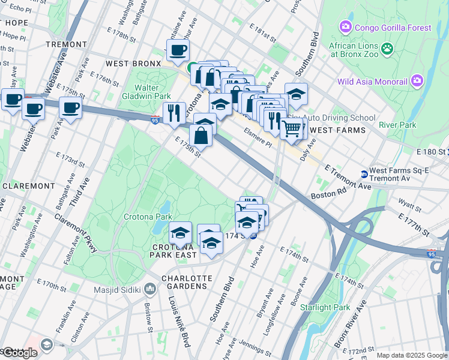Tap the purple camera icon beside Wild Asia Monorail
coord(417,81)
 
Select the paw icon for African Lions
coord(388,47)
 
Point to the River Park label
coord(397,125)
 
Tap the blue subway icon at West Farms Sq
coord(363,175)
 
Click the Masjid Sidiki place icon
coord(150,290)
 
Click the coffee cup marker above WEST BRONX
coord(178,50)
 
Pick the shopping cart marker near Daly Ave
coord(292,128)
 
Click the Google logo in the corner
coord(20,352)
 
